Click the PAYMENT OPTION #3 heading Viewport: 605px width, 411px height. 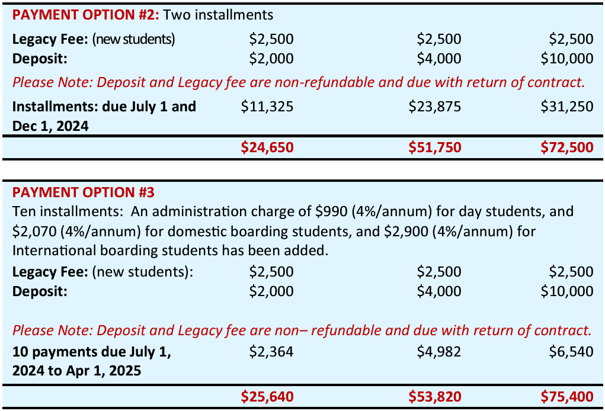coord(84,192)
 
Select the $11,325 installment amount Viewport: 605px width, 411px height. coord(267,107)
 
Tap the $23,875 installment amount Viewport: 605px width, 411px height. coord(435,107)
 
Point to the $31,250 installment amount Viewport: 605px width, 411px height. coord(567,107)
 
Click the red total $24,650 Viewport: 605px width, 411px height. coord(267,147)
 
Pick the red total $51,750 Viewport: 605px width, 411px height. coord(435,147)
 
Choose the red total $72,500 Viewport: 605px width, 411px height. coord(567,147)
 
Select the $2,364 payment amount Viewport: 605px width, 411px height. coord(271,352)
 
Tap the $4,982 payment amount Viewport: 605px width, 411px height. coord(439,352)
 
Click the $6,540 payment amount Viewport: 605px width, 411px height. coord(571,352)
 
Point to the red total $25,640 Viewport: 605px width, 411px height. coord(267,396)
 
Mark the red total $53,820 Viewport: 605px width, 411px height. coord(435,396)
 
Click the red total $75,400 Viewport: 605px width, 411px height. coord(567,396)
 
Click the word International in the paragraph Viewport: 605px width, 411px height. coord(52,249)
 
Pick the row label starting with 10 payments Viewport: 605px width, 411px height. coord(91,352)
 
